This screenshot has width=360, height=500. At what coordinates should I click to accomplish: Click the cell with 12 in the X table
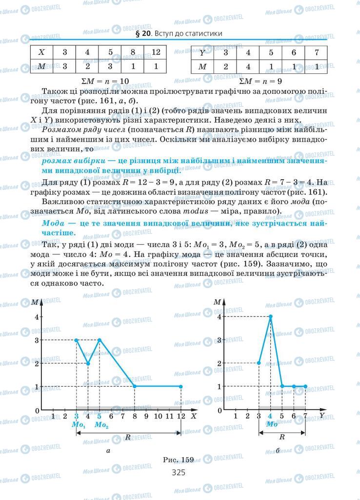tap(156, 52)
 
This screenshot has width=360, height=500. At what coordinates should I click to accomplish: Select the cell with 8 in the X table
tap(133, 52)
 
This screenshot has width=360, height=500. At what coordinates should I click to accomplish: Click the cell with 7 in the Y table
tap(317, 52)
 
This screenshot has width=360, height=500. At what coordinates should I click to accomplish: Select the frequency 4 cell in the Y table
tap(248, 67)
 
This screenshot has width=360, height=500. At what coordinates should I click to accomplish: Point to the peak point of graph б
tap(271, 316)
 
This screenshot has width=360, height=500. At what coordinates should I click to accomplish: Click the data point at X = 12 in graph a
tap(181, 386)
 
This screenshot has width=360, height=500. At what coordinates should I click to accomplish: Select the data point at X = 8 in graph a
tap(135, 386)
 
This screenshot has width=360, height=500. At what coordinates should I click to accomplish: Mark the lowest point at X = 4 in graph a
tap(88, 363)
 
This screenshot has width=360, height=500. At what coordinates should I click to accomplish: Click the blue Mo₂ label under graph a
tap(101, 425)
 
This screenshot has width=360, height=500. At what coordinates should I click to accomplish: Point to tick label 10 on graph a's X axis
tap(157, 416)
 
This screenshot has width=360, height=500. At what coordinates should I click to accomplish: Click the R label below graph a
tap(128, 437)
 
